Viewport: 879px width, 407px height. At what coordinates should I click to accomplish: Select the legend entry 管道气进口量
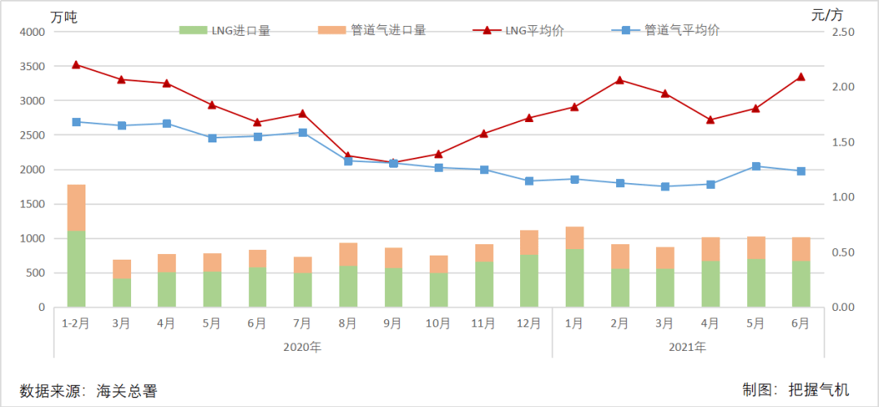pos(374,30)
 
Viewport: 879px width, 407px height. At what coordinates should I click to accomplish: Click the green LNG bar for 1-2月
pos(77,269)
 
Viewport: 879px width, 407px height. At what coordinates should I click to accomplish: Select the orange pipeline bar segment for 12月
pos(529,243)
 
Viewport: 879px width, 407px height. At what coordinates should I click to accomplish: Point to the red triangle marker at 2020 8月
pos(348,155)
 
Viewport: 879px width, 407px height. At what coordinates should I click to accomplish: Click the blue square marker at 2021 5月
pos(756,166)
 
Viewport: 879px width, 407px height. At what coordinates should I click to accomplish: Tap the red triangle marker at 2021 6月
pos(801,77)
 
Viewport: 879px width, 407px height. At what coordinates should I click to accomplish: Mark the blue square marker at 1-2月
pos(77,122)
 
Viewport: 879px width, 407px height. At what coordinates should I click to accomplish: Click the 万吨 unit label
pos(63,15)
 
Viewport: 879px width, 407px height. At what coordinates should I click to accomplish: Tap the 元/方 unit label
pos(828,14)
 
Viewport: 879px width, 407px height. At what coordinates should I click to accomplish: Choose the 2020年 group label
pos(302,347)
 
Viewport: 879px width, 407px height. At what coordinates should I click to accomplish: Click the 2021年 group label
pos(688,347)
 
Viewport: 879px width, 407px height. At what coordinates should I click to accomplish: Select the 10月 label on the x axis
pos(438,323)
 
